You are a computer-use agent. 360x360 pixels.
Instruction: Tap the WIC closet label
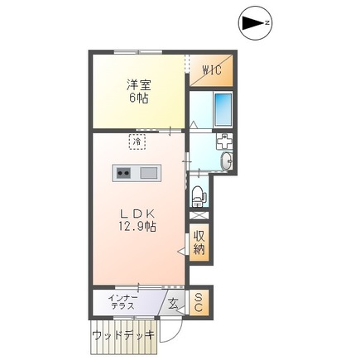[211, 70]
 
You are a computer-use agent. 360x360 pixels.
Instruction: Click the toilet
[198, 198]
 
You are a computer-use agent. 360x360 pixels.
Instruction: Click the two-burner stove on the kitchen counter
[124, 173]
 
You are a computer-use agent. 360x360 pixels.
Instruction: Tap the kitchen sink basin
[148, 173]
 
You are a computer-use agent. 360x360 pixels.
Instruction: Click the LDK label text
[137, 212]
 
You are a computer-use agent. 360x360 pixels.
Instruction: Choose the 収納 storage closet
[199, 242]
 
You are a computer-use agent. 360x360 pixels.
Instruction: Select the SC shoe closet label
[198, 303]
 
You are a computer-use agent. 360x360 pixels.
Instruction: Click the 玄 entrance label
[174, 304]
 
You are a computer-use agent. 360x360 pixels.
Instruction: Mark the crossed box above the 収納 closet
[199, 216]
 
